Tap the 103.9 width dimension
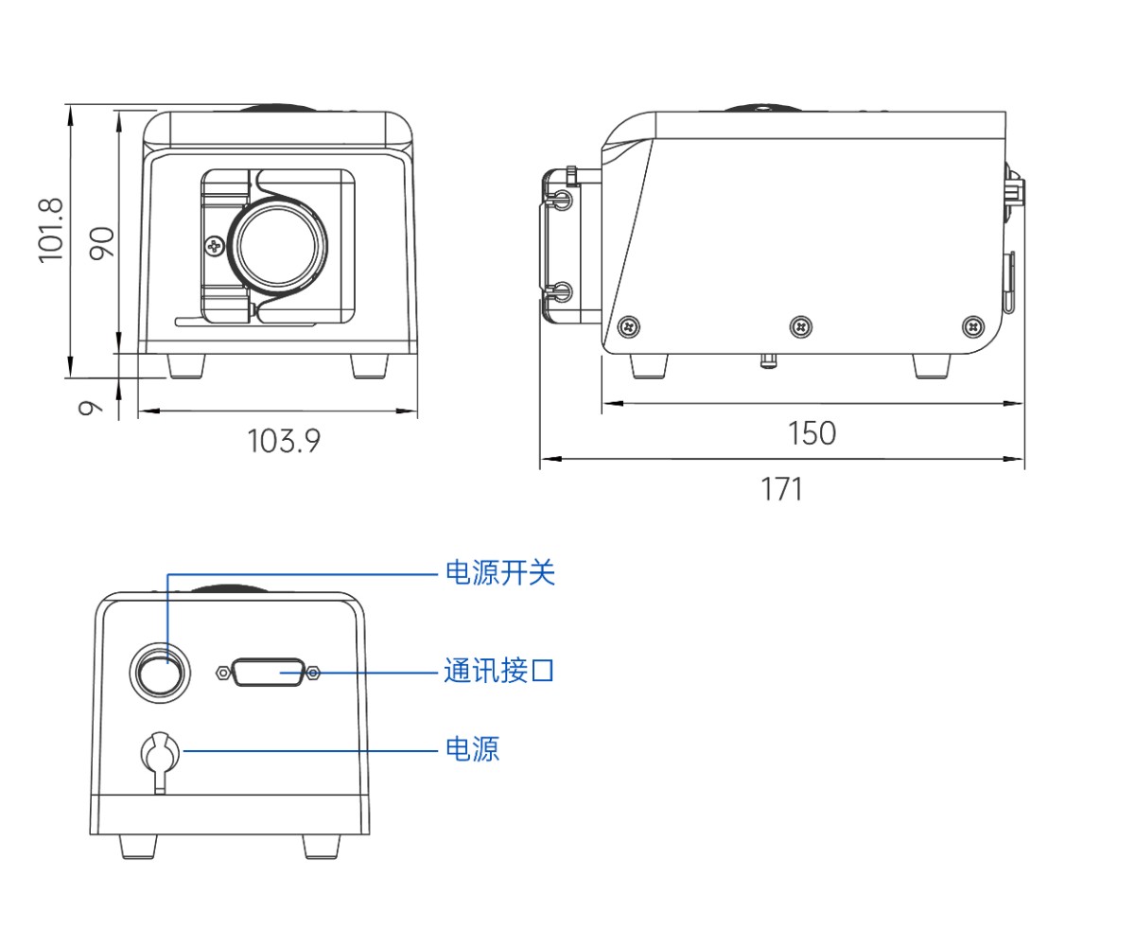284,440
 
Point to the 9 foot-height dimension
90,408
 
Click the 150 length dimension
812,433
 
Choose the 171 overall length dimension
781,489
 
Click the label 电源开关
499,572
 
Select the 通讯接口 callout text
498,672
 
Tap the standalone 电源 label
472,749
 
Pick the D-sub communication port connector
268,673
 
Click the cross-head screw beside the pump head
215,247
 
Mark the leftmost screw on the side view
629,327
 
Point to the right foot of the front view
369,366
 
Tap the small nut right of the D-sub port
314,673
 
